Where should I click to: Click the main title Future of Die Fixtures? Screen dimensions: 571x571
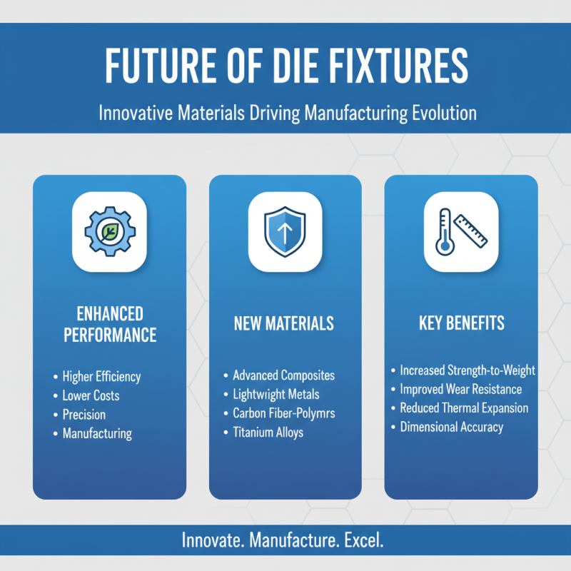286,66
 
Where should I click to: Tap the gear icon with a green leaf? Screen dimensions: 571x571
109,232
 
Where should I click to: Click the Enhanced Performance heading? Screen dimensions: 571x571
109,324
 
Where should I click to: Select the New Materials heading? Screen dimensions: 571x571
283,323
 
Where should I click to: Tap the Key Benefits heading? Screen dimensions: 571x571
461,323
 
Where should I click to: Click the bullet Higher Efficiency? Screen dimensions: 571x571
101,377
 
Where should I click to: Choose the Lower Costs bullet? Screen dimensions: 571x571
91,395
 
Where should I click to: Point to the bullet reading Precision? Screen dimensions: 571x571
84,414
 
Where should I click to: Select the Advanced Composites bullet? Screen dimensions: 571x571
283,375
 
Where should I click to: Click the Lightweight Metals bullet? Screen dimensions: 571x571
276,394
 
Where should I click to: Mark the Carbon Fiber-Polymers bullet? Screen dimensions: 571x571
283,413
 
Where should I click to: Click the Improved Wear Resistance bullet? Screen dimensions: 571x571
460,390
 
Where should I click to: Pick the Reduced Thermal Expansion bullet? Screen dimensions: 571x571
464,408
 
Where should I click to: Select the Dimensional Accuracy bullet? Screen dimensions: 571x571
451,427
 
